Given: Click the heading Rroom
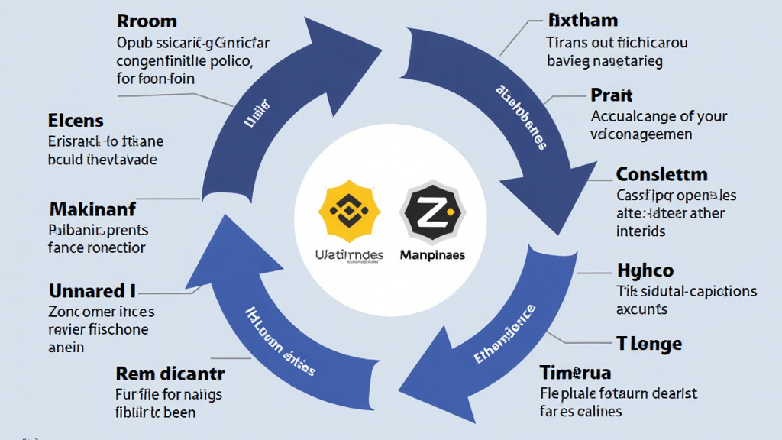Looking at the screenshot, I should click(147, 21).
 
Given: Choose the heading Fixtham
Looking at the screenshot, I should click(583, 19).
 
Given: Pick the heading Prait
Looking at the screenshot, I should click(612, 95).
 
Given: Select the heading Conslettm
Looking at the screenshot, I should click(661, 173).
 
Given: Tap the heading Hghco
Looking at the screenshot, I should click(645, 270).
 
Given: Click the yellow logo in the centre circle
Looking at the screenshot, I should click(348, 208).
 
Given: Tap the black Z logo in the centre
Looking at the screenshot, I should click(431, 208).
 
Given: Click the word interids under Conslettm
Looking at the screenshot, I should click(641, 231).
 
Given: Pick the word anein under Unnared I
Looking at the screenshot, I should click(66, 347).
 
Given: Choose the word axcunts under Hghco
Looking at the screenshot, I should click(642, 309).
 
